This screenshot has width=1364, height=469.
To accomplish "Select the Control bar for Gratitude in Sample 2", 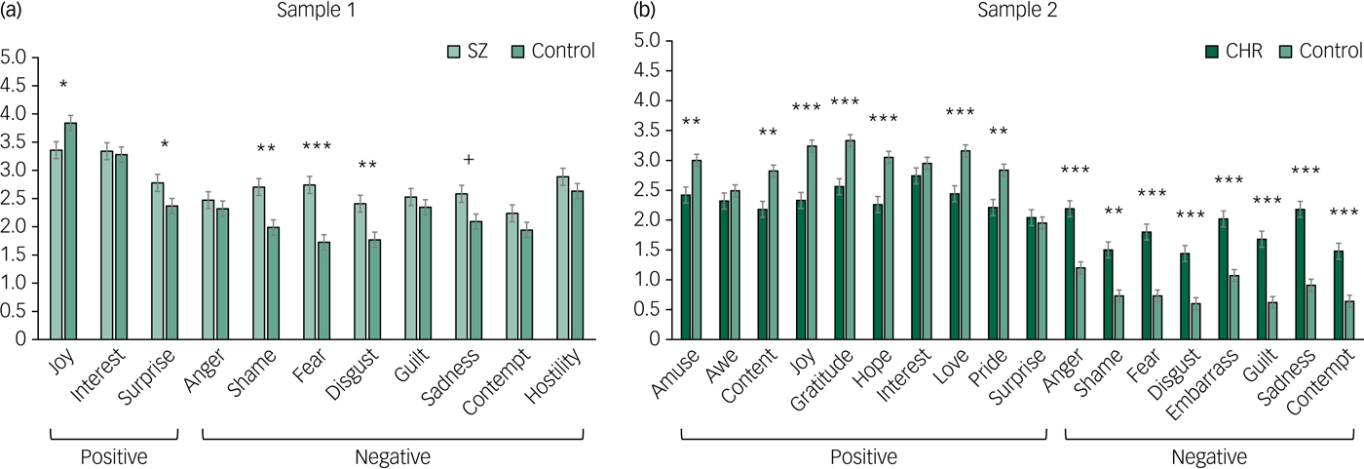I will [851, 240].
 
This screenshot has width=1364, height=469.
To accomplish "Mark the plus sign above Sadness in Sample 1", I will [469, 160].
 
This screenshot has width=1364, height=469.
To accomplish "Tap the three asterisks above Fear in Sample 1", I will [316, 148].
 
